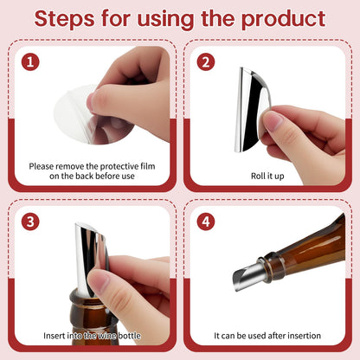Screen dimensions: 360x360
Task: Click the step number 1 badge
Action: [30, 62]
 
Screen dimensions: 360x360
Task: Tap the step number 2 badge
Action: [206, 62]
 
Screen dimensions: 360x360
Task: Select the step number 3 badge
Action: [30, 222]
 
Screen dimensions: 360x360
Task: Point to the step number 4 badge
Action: [206, 222]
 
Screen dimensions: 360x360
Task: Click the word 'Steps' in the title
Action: [64, 19]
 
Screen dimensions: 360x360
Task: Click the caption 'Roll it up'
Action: [267, 176]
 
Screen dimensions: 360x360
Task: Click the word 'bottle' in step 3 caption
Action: [129, 336]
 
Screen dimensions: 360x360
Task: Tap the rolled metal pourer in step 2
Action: [253, 110]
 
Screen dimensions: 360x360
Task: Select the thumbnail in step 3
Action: [100, 281]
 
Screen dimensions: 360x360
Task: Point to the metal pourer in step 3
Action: [90, 257]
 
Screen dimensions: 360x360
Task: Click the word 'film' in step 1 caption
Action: [148, 166]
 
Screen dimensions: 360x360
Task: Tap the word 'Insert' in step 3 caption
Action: [54, 336]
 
